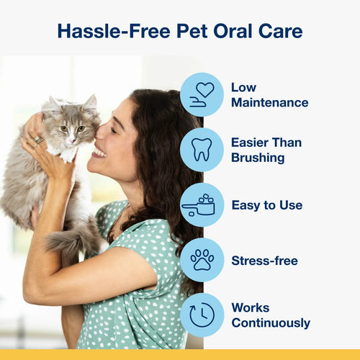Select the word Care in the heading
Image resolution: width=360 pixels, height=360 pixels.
(279, 31)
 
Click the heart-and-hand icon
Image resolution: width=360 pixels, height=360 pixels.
(202, 94)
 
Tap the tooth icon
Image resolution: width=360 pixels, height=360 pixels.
(202, 149)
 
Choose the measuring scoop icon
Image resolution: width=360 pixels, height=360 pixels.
(202, 204)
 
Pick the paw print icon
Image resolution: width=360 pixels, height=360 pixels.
(202, 259)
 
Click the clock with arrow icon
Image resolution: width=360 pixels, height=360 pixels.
(202, 315)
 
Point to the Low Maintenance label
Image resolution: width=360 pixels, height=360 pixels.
(269, 94)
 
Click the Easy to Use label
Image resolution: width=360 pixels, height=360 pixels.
(266, 204)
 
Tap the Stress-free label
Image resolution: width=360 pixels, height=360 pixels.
(264, 259)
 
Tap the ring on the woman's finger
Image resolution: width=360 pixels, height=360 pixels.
(38, 140)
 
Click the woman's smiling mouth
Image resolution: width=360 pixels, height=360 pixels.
(98, 152)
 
